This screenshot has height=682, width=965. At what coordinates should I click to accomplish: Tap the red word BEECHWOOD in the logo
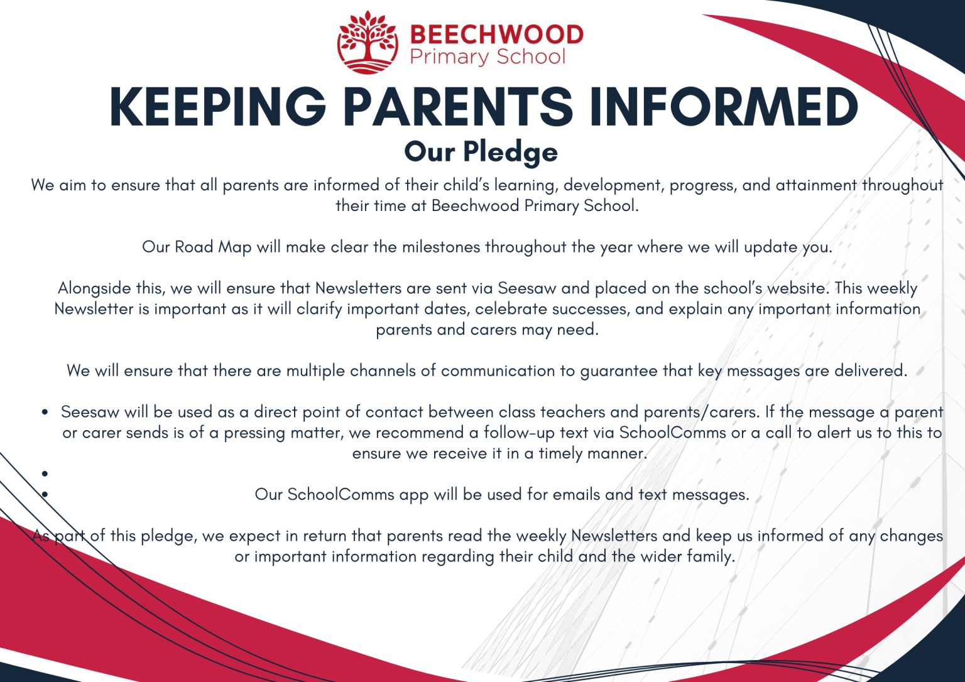pos(496,34)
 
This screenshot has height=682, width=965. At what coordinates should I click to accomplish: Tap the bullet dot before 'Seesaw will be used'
pos(45,413)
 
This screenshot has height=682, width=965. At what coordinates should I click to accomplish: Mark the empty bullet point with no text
pos(45,474)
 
